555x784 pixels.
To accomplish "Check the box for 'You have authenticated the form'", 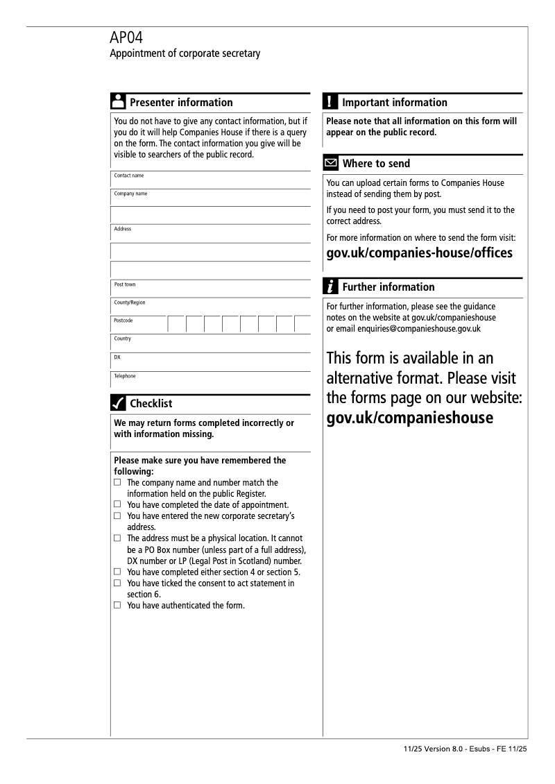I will coord(117,605).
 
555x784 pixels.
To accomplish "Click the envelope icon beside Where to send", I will coord(332,164).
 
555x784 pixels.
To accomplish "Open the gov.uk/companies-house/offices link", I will coord(419,253).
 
